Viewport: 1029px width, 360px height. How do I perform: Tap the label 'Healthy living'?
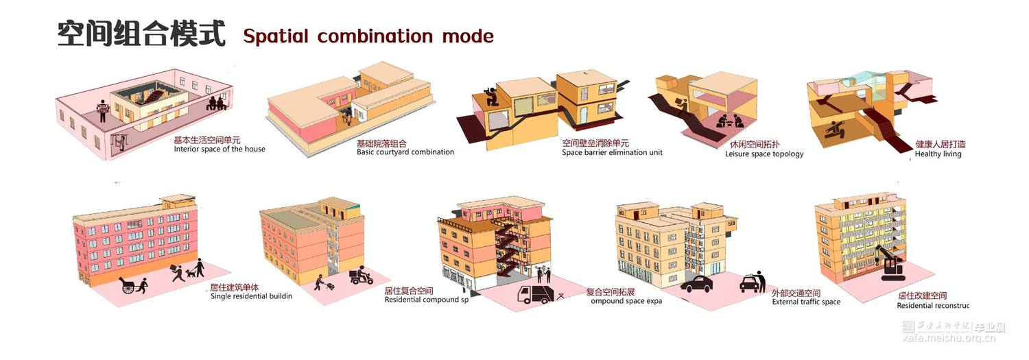(938, 154)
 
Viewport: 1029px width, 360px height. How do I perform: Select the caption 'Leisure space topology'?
(764, 154)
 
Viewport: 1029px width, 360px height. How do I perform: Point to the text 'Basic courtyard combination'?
(405, 152)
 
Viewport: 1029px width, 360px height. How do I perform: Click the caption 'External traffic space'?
(806, 302)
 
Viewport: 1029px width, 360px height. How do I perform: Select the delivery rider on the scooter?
(361, 276)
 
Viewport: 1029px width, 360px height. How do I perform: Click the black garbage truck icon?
(533, 294)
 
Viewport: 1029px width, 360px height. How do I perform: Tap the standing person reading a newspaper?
(103, 110)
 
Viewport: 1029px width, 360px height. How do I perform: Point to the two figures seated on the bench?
(217, 103)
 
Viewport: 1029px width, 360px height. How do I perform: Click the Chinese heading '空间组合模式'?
(141, 34)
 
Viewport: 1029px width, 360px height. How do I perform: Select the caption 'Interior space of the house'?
(220, 149)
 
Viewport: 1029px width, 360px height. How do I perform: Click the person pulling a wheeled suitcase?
(320, 282)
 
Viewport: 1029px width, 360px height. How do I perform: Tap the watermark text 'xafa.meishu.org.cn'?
(953, 338)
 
